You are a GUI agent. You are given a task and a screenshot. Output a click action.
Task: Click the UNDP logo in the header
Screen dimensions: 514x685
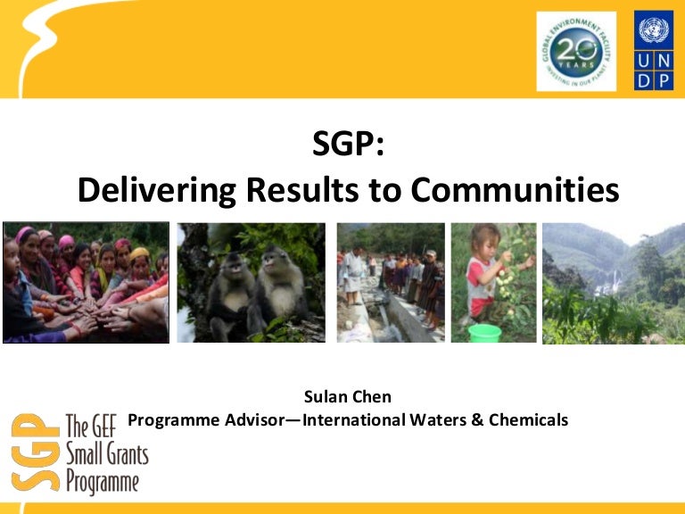[x=654, y=50]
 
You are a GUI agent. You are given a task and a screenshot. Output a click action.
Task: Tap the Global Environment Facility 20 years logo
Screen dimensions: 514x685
[x=574, y=51]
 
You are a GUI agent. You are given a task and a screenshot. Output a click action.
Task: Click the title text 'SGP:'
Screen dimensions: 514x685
[x=347, y=144]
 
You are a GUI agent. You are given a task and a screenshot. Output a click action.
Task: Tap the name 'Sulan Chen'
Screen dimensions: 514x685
[x=347, y=396]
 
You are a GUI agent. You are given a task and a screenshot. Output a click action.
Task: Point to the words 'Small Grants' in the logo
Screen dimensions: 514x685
[x=107, y=454]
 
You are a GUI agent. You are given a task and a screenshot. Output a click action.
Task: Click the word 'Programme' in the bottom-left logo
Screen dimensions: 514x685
[x=103, y=483]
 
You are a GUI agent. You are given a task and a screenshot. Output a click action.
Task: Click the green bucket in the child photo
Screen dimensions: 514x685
[x=483, y=333]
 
